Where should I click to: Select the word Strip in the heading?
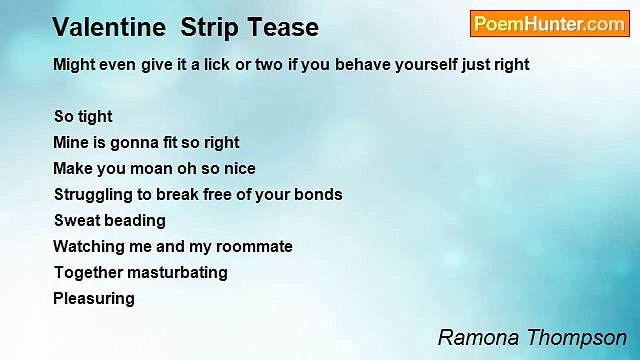211,27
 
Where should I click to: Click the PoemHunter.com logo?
549,24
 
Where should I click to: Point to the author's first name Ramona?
474,338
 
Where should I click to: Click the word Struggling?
93,195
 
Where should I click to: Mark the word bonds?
320,195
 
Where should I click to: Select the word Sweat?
75,220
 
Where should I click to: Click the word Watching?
88,246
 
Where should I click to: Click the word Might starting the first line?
75,64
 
